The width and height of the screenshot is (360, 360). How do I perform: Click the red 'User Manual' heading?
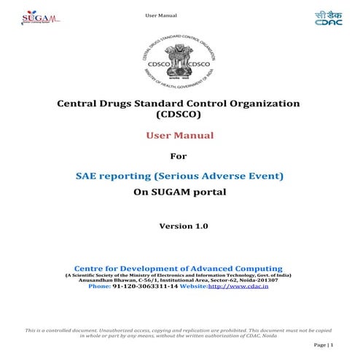(179, 136)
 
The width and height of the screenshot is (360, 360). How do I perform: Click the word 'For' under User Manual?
(179, 155)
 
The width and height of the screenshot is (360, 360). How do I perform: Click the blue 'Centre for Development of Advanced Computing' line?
(179, 268)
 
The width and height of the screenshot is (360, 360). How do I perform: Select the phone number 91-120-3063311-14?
(146, 287)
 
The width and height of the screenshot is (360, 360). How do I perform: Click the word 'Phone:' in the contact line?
(99, 287)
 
